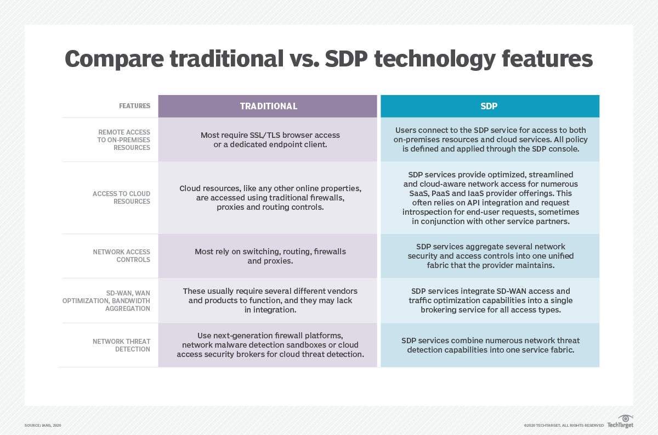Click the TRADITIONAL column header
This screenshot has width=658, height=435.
[268, 106]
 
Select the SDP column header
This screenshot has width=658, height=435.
[489, 106]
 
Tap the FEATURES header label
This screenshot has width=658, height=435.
[134, 106]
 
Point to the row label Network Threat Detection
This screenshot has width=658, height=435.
[121, 345]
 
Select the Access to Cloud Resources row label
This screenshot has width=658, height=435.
[122, 198]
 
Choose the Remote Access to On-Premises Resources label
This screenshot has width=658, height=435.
[124, 140]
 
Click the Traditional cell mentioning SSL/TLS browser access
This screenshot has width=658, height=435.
[268, 140]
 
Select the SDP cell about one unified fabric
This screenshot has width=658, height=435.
[490, 256]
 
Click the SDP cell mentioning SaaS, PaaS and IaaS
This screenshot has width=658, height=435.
[490, 198]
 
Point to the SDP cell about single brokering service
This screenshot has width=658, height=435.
[490, 300]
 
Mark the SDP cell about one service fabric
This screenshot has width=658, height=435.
[490, 345]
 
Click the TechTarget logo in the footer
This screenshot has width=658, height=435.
[620, 423]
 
